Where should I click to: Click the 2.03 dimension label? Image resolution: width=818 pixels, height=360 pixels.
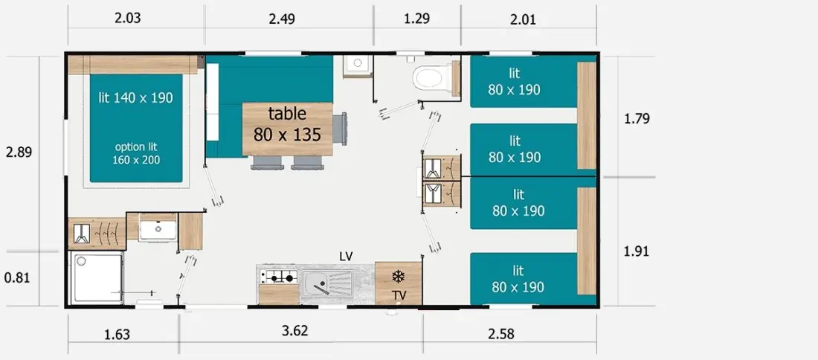tap(127, 19)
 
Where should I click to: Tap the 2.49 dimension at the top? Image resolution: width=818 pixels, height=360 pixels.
tap(282, 19)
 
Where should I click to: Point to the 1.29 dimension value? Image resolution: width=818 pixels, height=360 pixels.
tap(417, 19)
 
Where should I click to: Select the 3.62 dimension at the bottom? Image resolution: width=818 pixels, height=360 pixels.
tap(294, 330)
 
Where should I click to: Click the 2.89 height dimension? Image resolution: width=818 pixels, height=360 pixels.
tap(19, 152)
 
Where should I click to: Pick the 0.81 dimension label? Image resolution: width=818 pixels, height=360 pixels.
tap(17, 277)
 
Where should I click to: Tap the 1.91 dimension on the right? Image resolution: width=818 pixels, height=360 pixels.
tap(637, 251)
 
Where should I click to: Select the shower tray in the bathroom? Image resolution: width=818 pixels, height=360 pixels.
tap(97, 277)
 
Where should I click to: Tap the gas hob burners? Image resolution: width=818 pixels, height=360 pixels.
tap(280, 277)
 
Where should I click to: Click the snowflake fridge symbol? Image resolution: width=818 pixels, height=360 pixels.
tap(399, 275)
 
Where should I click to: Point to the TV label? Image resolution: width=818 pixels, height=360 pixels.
tap(399, 296)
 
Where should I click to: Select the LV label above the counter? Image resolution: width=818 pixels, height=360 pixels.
tap(346, 256)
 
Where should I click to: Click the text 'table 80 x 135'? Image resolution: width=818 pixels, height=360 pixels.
tap(287, 124)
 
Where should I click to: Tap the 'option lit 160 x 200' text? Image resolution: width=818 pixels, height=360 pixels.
tap(136, 153)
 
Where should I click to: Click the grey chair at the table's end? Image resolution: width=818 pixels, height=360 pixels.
tap(340, 129)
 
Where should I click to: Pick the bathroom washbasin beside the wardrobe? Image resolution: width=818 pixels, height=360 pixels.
tap(158, 230)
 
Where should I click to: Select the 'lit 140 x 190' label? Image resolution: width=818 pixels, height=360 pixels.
tap(135, 97)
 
